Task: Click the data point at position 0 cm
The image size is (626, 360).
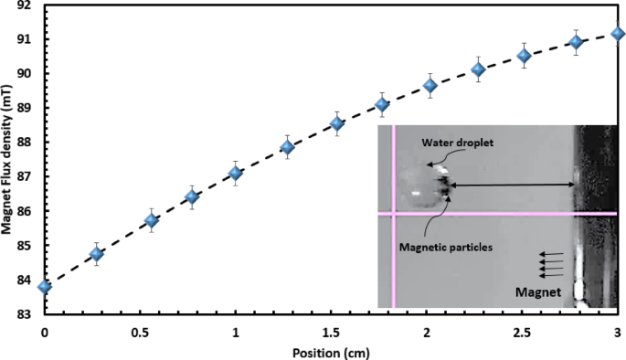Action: (44, 286)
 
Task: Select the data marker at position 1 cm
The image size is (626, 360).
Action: (236, 173)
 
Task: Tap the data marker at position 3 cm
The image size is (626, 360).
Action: (618, 34)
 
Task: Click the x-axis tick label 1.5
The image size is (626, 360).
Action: (331, 331)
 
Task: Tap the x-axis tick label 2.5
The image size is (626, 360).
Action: (522, 331)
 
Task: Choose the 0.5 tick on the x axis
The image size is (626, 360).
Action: (140, 331)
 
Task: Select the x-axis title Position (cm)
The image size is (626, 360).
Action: (331, 351)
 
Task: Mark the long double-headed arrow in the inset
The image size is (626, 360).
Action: (512, 185)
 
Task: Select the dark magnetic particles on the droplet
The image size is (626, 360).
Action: (445, 186)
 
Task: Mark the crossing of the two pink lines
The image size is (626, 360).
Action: (394, 214)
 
